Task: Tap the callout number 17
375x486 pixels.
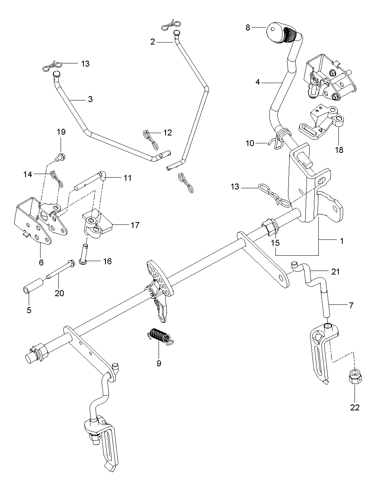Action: (135, 225)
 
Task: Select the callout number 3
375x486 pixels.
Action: (90, 99)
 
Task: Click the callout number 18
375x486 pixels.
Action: (339, 150)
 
